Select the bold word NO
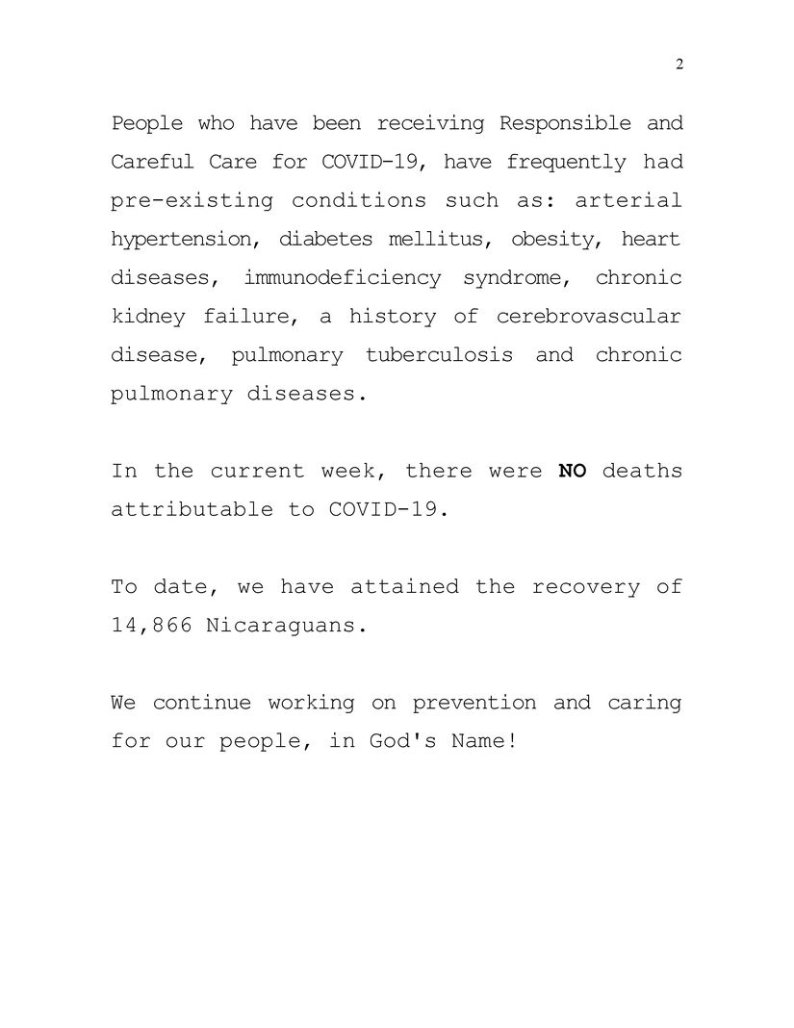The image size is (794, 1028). coord(573,471)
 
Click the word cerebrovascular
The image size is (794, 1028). coord(589,317)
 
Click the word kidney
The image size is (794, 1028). coord(144,317)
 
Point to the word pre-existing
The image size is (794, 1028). coord(192,201)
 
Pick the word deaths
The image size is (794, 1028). coord(642,471)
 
